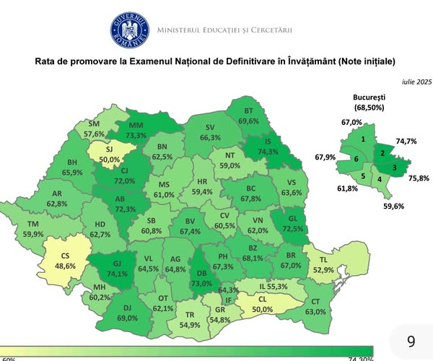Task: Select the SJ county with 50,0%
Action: [109, 153]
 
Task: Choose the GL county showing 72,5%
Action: [293, 223]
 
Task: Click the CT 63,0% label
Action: [314, 307]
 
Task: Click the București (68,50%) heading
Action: [369, 102]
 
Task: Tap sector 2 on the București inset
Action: [382, 152]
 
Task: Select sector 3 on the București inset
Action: [394, 168]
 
